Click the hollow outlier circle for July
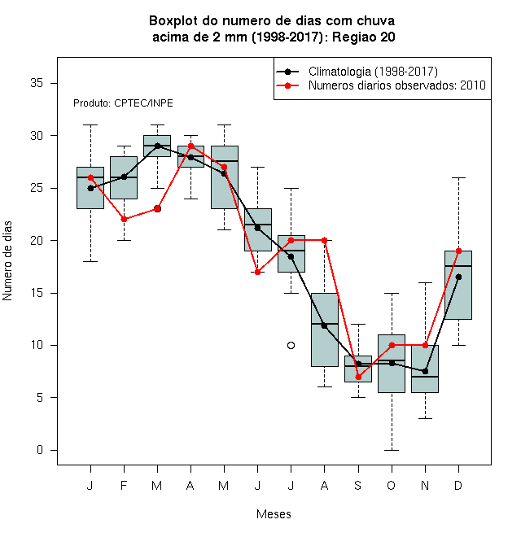click(291, 345)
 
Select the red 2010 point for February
click(124, 219)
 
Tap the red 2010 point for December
click(458, 251)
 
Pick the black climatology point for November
click(425, 371)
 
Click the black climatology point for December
click(458, 277)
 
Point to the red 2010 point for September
click(358, 377)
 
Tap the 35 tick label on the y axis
click(37, 83)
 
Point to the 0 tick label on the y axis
click(40, 450)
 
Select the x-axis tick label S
click(358, 485)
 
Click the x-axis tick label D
click(458, 485)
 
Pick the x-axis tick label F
click(124, 485)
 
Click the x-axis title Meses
click(274, 514)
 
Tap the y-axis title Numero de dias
click(7, 261)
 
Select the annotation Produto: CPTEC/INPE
click(123, 103)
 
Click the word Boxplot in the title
click(173, 21)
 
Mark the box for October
click(392, 364)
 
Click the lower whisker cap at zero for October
click(392, 450)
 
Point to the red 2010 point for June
click(257, 273)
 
